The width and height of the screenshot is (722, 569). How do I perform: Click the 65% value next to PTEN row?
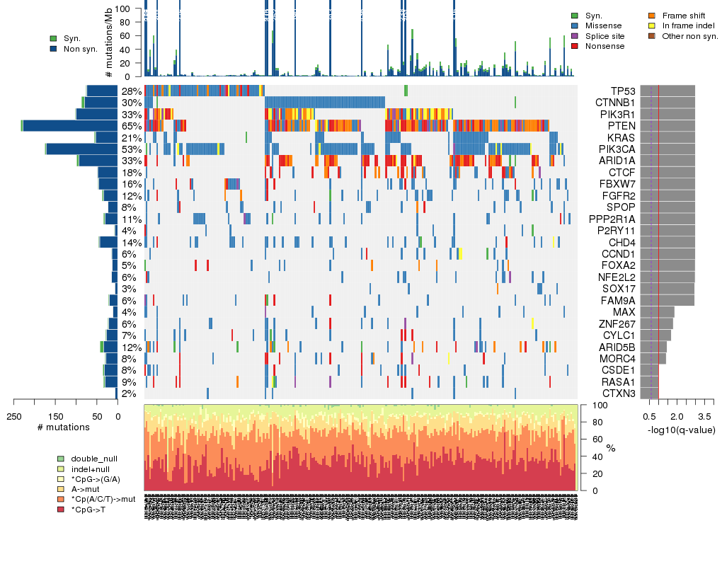coord(131,126)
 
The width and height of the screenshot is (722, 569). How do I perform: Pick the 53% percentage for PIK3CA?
coord(131,149)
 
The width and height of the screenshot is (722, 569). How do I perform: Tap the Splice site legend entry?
coord(604,36)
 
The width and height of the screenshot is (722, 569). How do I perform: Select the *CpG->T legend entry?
coord(90,510)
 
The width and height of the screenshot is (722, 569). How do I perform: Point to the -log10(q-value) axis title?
coord(681,430)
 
